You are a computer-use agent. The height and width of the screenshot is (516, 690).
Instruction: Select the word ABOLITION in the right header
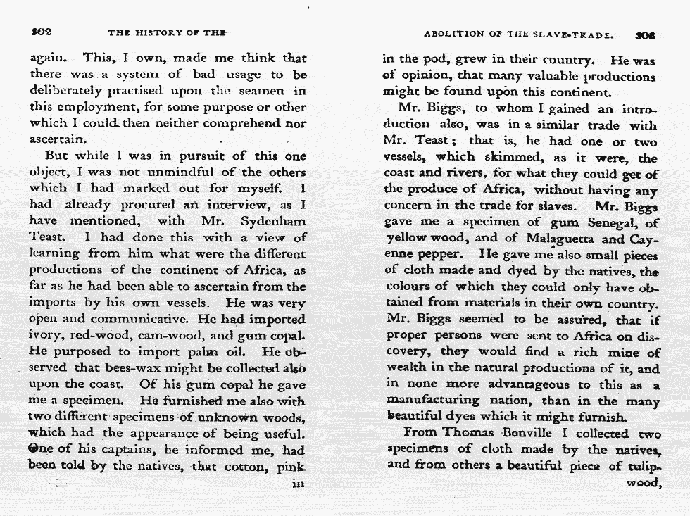click(453, 33)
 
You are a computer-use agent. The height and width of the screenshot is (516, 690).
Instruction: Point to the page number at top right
click(644, 33)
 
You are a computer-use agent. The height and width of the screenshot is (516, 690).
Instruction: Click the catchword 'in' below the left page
click(299, 484)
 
